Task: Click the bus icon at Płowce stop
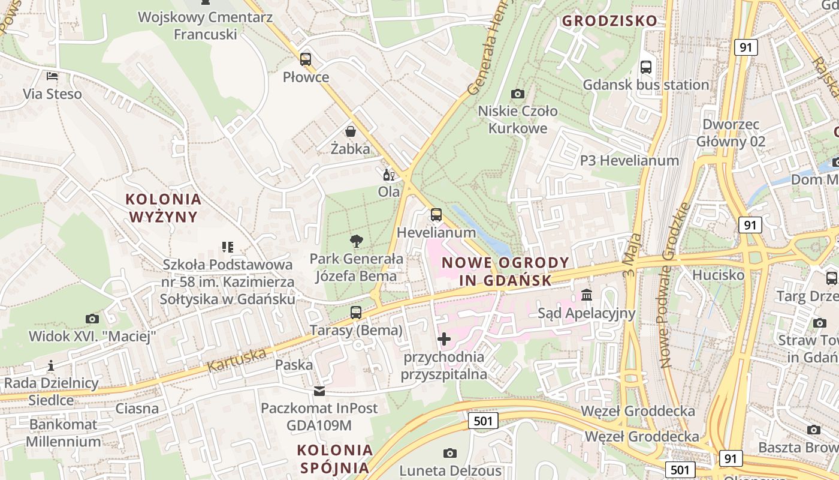[306, 59]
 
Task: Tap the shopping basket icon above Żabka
[350, 131]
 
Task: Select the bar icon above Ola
[388, 175]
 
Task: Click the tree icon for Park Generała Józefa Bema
[356, 241]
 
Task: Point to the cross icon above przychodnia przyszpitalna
[443, 340]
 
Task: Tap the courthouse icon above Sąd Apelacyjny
[586, 295]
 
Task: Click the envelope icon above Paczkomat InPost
[319, 391]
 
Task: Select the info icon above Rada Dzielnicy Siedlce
[51, 365]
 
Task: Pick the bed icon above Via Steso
[53, 76]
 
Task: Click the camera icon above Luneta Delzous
[449, 453]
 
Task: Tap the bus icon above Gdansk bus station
[645, 67]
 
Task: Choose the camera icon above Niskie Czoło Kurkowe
[517, 94]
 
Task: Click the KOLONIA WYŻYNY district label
[164, 208]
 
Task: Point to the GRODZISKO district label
[609, 21]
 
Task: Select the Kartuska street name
[237, 359]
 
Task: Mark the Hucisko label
[718, 275]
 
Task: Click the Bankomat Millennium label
[63, 433]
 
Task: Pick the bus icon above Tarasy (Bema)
[356, 313]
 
